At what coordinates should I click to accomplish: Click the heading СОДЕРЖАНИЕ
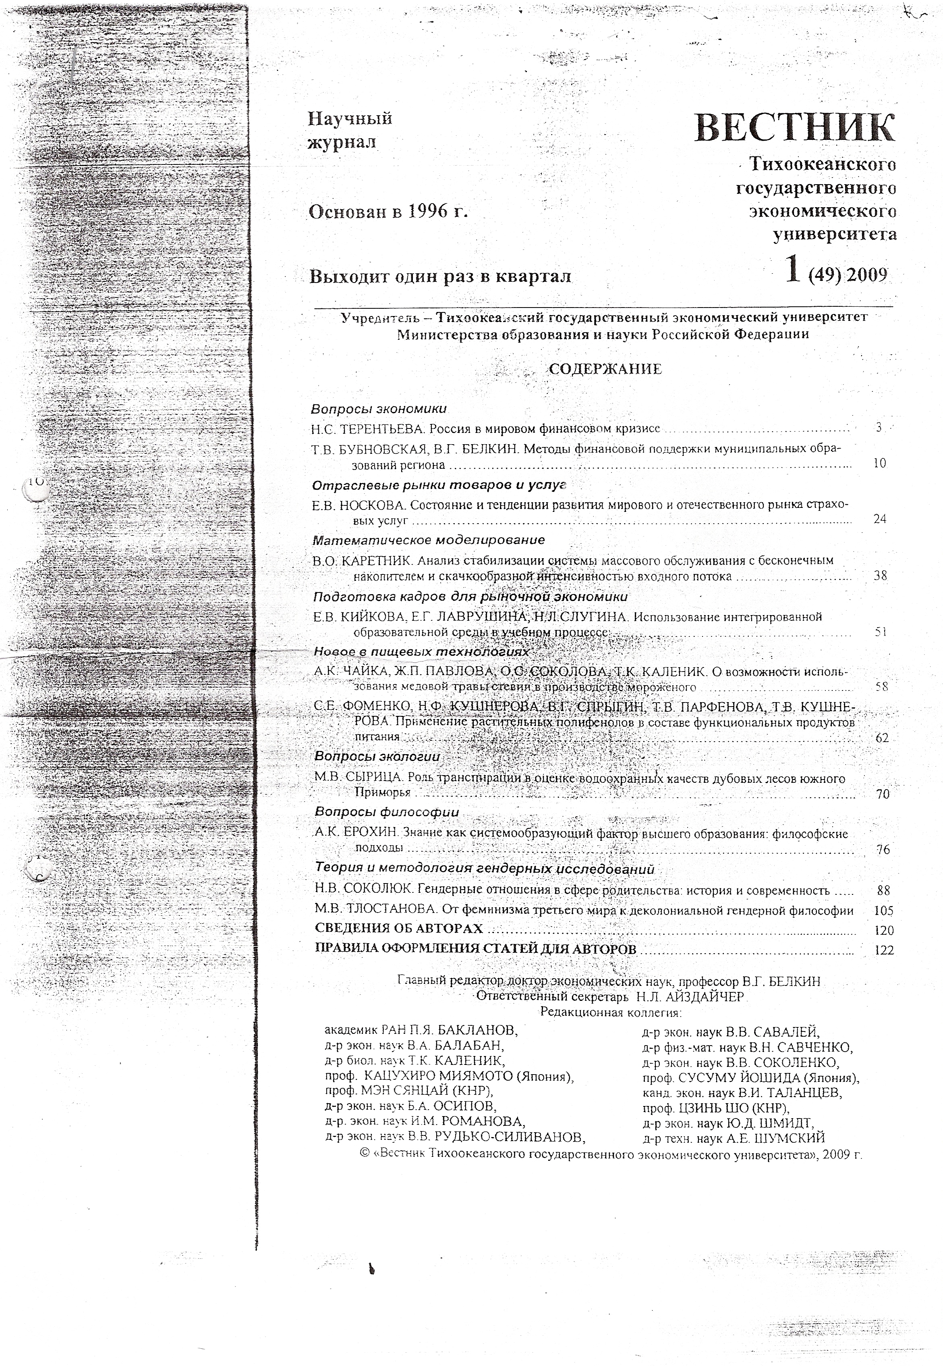coord(605,370)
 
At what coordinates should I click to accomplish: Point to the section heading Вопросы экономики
coord(379,409)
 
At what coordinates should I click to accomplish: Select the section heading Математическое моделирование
coord(428,540)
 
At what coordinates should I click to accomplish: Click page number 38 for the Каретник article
coord(880,576)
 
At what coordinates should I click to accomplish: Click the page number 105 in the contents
coord(883,911)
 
